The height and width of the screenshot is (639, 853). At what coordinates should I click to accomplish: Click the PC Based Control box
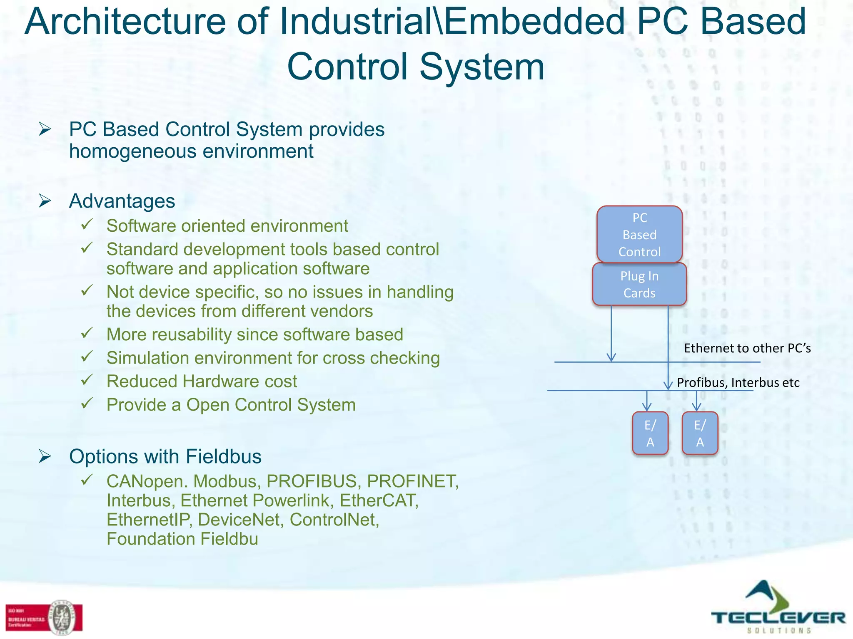pos(639,234)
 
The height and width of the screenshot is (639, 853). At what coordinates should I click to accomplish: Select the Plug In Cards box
pos(639,285)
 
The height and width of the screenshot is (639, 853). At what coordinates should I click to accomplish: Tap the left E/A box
pos(650,433)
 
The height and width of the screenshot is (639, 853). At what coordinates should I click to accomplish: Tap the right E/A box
pos(700,433)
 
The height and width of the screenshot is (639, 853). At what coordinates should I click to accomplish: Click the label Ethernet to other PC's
pos(747,348)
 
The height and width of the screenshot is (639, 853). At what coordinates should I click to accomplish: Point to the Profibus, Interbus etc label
pos(738,382)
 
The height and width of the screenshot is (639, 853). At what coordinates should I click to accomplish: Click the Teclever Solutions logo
pos(778,608)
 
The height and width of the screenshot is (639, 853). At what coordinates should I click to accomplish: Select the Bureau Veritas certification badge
pos(44,617)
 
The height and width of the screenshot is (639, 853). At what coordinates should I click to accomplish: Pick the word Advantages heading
pos(122,201)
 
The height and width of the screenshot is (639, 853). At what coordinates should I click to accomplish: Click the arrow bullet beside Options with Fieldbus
pos(45,456)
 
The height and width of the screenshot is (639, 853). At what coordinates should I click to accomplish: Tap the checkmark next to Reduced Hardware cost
pos(87,380)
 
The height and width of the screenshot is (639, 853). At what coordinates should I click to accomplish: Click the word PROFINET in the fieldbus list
pos(412,481)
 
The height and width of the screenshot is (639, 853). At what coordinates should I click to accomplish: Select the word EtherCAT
pos(379,500)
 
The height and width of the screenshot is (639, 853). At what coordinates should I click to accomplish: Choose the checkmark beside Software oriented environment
pos(87,225)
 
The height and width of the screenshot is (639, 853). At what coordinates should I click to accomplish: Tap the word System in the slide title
pos(482,67)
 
